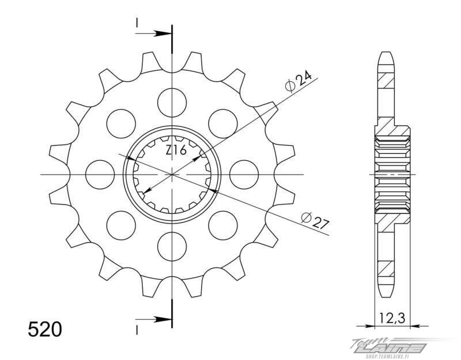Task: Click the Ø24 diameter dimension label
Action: coord(298,81)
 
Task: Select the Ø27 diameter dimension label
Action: coord(315,220)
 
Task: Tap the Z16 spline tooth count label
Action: coord(176,150)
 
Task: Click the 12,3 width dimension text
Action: coord(392,318)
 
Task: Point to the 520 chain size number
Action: coord(45,329)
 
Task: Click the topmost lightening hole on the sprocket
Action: coord(172,103)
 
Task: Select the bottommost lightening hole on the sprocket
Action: coord(172,247)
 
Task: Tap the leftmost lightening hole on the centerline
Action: coord(100,175)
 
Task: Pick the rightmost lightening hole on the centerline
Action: coord(244,175)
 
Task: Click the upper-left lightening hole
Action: coord(121,124)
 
